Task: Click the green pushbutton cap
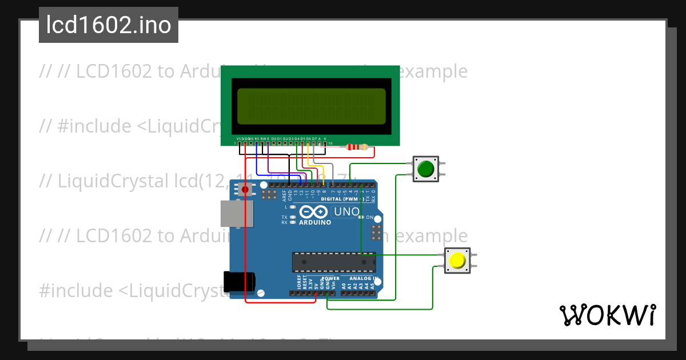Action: (425, 169)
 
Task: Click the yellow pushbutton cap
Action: (457, 261)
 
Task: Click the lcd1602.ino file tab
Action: (109, 25)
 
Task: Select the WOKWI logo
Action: (607, 315)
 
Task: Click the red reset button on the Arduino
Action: (245, 189)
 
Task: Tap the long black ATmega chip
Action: (334, 262)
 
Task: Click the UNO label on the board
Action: (346, 211)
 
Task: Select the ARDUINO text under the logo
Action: (315, 222)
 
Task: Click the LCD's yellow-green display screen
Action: (311, 106)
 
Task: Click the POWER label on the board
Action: (330, 278)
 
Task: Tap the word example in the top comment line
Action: (433, 71)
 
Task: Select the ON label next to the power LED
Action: (370, 218)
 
